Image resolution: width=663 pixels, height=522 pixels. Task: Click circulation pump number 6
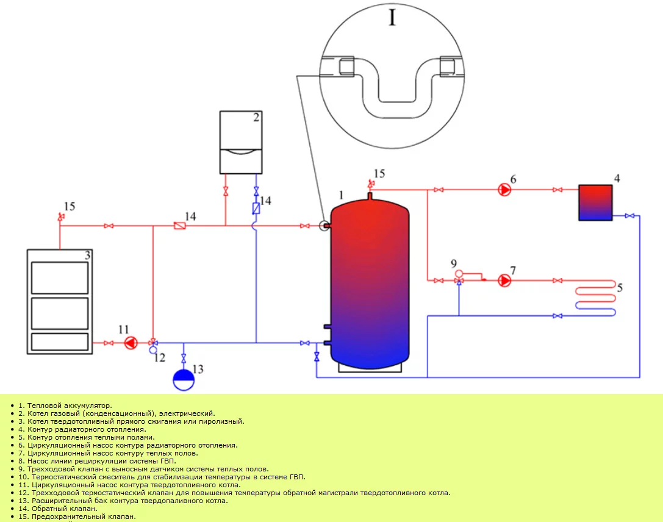[x=505, y=190]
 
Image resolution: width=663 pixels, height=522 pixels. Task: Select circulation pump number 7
[x=505, y=281]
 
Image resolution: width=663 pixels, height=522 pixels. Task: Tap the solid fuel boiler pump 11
[x=131, y=343]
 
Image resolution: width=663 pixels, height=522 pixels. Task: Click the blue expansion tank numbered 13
[x=184, y=380]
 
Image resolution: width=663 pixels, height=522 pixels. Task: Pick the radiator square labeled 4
[x=595, y=203]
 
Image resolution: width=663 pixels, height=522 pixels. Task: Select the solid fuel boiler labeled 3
[x=59, y=301]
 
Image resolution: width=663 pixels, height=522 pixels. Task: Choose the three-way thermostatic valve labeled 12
[x=152, y=344]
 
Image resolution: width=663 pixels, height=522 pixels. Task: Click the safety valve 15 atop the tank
[x=370, y=184]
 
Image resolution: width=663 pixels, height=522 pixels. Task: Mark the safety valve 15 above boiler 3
[x=60, y=217]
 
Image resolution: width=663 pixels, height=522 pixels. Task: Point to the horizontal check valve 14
[x=179, y=226]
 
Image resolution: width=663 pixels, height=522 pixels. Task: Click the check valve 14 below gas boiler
[x=256, y=208]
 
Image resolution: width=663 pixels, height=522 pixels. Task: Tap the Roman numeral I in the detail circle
[x=392, y=18]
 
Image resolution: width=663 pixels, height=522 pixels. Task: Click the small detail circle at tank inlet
[x=323, y=226]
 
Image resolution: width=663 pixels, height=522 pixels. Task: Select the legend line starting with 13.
[x=123, y=501]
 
